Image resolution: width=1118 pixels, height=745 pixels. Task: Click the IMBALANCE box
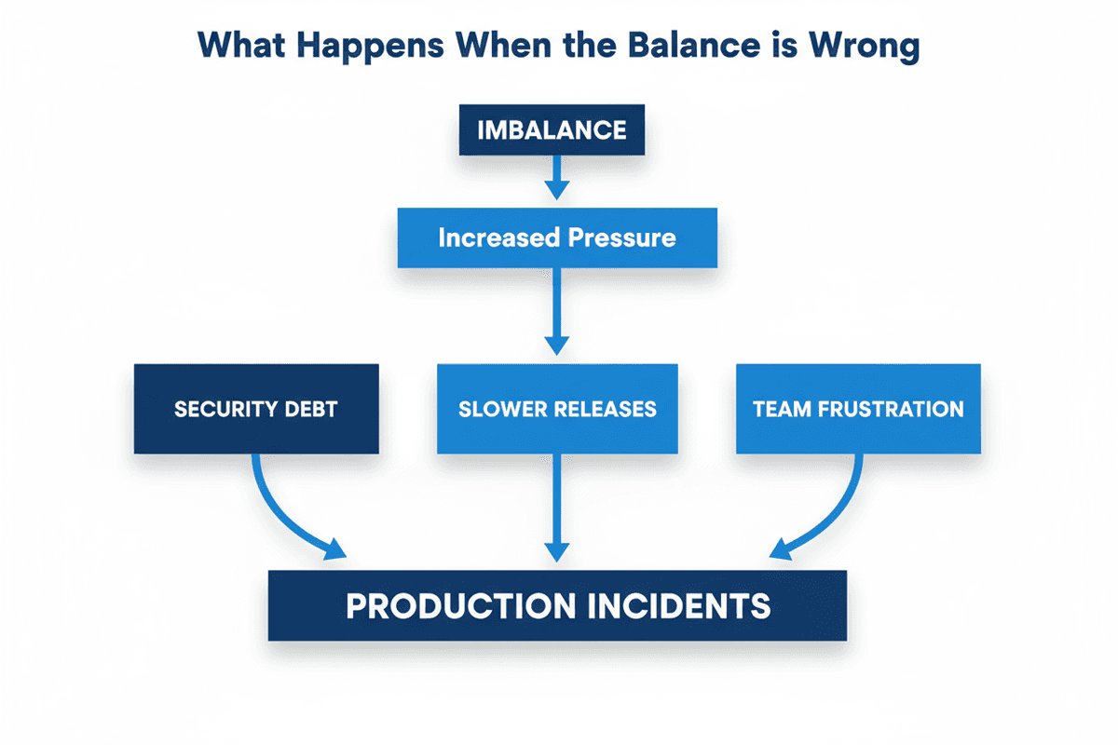552,129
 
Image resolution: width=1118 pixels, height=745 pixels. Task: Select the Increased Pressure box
557,237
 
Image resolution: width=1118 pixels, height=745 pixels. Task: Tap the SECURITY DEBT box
256,409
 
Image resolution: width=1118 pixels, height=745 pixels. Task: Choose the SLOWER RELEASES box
557,409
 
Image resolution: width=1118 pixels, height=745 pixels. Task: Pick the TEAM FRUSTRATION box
858,409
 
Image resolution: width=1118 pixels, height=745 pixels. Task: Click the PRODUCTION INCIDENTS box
557,605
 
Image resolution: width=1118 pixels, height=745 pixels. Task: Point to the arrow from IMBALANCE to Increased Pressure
557,178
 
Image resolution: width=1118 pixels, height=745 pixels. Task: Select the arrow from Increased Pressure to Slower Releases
557,311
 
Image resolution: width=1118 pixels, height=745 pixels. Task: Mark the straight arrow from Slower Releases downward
557,508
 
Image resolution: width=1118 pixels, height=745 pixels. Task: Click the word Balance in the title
694,45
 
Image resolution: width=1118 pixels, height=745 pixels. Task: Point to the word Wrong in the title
865,47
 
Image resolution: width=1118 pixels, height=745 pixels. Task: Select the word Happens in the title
370,47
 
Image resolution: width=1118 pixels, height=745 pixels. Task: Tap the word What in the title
241,45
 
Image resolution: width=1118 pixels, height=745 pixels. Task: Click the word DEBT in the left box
311,409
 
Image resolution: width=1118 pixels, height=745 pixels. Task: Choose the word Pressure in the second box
622,237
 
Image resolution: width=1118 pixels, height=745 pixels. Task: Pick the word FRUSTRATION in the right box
891,409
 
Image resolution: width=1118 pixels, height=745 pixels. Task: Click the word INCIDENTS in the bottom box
679,606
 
